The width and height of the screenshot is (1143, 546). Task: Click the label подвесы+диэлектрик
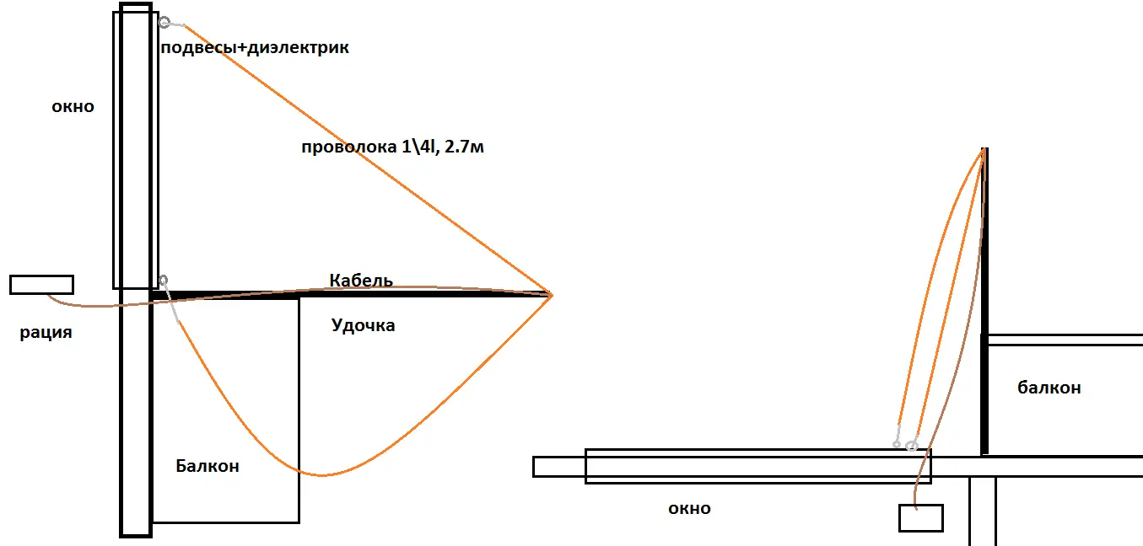[x=254, y=49]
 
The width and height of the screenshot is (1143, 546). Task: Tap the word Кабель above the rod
[x=361, y=281]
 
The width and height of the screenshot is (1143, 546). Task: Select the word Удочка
[x=364, y=325]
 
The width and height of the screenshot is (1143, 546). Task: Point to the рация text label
[x=46, y=333]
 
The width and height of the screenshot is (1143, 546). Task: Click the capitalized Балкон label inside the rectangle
[x=208, y=466]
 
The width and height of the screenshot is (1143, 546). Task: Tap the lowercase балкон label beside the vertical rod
[x=1049, y=388]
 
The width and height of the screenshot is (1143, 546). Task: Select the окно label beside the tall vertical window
[x=73, y=108]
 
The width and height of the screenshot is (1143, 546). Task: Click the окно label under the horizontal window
[x=689, y=509]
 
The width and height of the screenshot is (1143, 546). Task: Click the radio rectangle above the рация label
[x=41, y=285]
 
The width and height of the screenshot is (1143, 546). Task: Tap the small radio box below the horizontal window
[x=920, y=517]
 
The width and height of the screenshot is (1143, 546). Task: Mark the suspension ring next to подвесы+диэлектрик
[x=164, y=23]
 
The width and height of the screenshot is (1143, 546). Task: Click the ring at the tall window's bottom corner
[x=163, y=280]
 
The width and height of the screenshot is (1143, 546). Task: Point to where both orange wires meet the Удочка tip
[x=550, y=295]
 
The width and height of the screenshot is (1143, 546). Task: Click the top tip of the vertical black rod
[x=984, y=151]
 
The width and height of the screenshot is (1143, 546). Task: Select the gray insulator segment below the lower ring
[x=172, y=308]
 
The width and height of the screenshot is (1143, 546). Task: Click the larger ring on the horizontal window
[x=912, y=444]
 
